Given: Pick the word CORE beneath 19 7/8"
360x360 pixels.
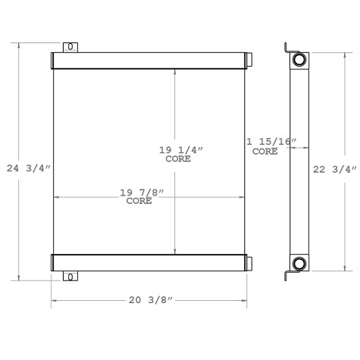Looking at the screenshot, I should (138, 202).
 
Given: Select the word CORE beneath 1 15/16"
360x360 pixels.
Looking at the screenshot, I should (265, 152).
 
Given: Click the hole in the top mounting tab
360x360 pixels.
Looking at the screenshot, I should (70, 47).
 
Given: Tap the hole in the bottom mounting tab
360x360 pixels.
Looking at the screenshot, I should (70, 277).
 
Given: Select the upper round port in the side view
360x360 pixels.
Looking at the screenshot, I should (300, 60).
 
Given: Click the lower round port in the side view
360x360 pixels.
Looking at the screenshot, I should (300, 264).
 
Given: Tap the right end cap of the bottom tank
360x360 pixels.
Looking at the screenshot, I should (249, 263).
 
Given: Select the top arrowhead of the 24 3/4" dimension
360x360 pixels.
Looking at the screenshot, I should (20, 44).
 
